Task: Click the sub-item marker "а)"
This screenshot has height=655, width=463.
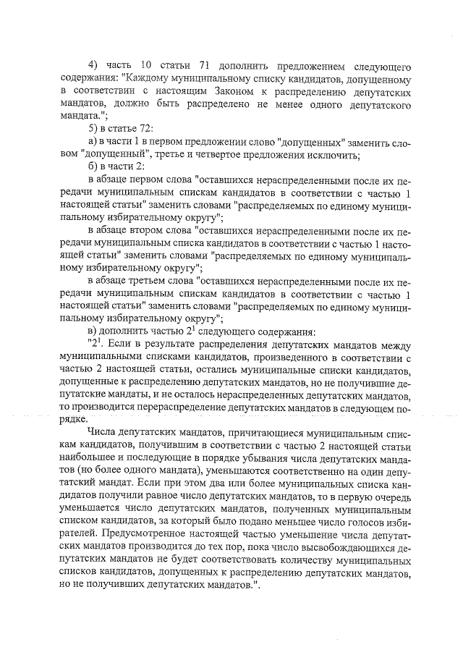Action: (x=91, y=140)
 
